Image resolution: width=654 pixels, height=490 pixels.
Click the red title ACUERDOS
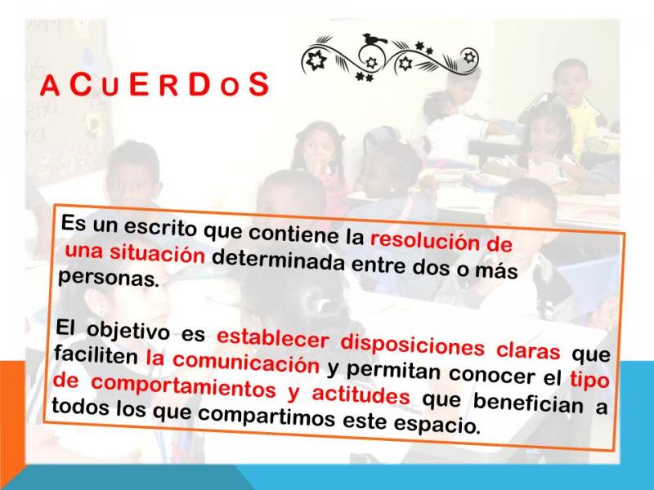[x=155, y=85]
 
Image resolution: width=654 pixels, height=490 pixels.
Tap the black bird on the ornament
[x=374, y=39]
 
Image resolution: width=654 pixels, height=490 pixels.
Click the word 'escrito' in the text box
[x=159, y=228]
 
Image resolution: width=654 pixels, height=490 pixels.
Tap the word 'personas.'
[x=109, y=278]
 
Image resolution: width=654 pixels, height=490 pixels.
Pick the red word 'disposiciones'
[x=413, y=345]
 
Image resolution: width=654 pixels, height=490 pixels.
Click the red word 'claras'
[x=528, y=350]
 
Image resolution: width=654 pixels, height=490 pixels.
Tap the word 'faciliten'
[x=96, y=356]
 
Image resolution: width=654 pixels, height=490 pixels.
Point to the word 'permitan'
[x=393, y=371]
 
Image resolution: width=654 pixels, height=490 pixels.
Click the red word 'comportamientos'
[x=183, y=386]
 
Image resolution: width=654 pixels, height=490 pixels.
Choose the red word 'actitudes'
[x=361, y=394]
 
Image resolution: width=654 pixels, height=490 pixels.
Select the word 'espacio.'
[x=437, y=424]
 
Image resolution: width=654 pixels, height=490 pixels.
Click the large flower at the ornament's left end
[x=316, y=60]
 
